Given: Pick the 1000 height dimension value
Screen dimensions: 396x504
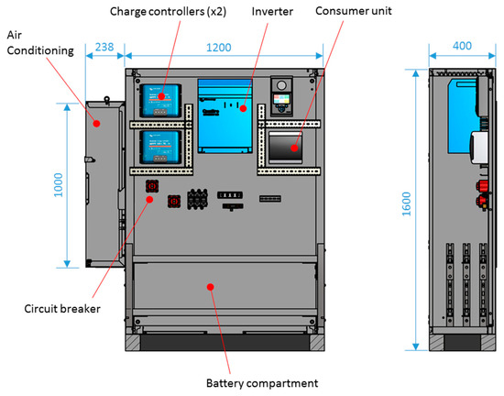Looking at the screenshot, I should tap(58, 183).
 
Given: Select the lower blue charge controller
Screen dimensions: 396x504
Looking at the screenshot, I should tap(159, 145).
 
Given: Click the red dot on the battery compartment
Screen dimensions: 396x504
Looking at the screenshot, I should tap(212, 286).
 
